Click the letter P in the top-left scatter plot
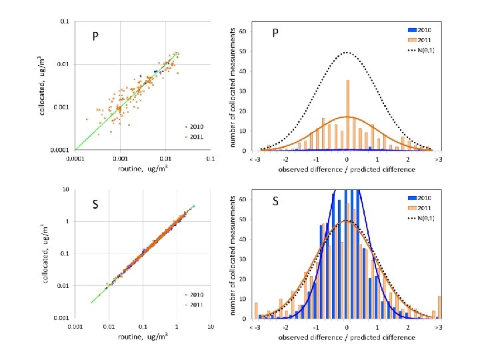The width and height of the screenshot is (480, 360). [95, 37]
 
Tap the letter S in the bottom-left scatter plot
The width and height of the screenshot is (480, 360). [95, 205]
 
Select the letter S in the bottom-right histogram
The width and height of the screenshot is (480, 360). [275, 200]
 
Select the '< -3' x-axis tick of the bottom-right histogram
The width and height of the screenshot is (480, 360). [256, 328]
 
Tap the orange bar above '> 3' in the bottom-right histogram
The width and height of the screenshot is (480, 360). [439, 307]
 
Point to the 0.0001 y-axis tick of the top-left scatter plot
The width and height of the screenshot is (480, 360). [60, 149]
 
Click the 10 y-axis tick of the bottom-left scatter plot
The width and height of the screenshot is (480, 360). [65, 189]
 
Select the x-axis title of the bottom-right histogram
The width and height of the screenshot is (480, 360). [347, 337]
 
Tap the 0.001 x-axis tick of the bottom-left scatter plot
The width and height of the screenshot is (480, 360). [75, 327]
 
